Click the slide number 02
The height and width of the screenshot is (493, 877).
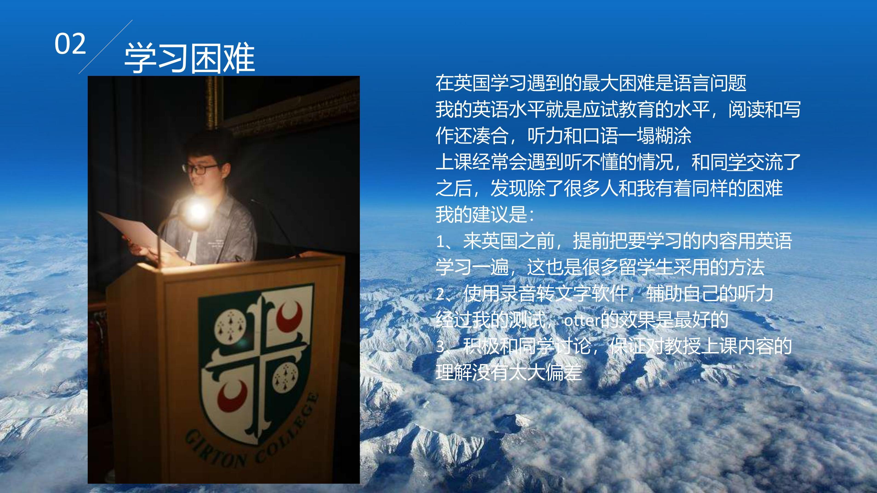coord(70,44)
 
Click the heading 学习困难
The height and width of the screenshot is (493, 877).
coord(189,58)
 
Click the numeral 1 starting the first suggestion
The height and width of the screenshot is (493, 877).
coord(440,242)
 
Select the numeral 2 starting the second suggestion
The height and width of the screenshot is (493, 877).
coord(440,295)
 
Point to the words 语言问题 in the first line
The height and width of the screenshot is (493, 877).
coord(710,83)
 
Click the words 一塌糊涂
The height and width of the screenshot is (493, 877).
coord(655,136)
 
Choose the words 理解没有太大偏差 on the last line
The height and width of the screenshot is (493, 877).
coord(509,372)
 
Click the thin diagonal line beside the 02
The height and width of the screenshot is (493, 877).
coord(106,47)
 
